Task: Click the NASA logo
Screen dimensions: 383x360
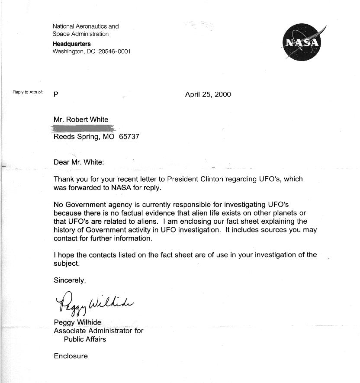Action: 302,42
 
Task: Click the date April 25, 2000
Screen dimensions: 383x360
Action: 208,94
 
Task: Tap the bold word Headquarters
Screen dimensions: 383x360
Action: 72,44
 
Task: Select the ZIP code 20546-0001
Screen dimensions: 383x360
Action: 114,51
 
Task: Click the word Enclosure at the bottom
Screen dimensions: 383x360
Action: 71,356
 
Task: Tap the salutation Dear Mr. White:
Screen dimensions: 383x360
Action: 79,162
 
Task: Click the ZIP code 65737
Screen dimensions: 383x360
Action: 129,137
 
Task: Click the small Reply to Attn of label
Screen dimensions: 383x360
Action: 28,92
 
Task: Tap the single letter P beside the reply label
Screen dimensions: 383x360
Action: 56,94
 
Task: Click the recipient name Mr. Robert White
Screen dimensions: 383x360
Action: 81,119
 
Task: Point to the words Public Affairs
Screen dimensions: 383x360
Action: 85,339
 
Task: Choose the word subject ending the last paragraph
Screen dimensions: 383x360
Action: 66,263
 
